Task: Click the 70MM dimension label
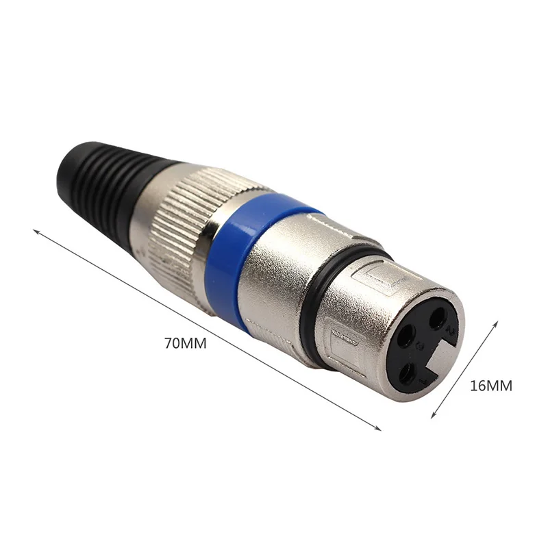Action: coord(186,343)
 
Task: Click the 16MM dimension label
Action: coord(491,386)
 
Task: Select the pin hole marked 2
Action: coord(437,318)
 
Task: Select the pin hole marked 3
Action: coord(406,336)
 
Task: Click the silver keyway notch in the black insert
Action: coord(440,356)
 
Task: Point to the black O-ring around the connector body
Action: coord(316,308)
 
